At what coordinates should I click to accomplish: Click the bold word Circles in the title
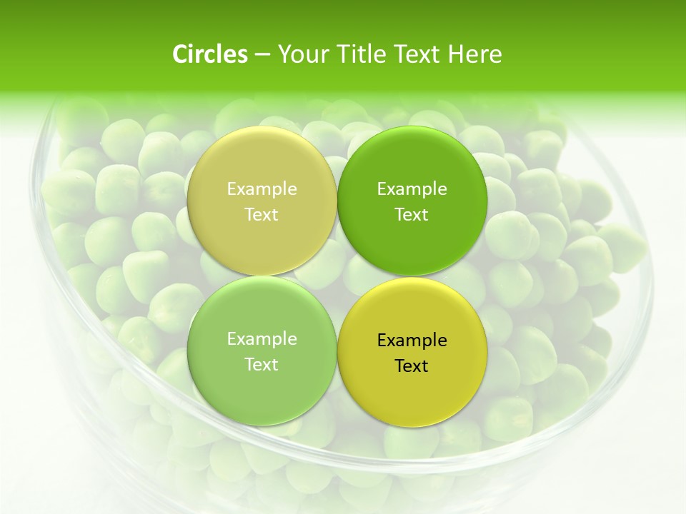(210, 54)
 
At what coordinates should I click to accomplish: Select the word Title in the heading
(360, 54)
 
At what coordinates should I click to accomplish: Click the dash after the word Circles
(262, 54)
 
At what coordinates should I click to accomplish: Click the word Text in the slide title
(417, 54)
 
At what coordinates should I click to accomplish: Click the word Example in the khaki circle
(262, 188)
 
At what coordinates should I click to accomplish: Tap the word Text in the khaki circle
(262, 214)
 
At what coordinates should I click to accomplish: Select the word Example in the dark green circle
(412, 188)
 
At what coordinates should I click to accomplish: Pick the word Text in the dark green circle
(412, 214)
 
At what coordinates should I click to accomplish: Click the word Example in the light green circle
(262, 338)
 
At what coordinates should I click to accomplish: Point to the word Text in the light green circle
(262, 364)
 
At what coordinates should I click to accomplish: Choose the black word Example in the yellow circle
(412, 340)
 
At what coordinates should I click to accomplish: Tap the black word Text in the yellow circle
(412, 366)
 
